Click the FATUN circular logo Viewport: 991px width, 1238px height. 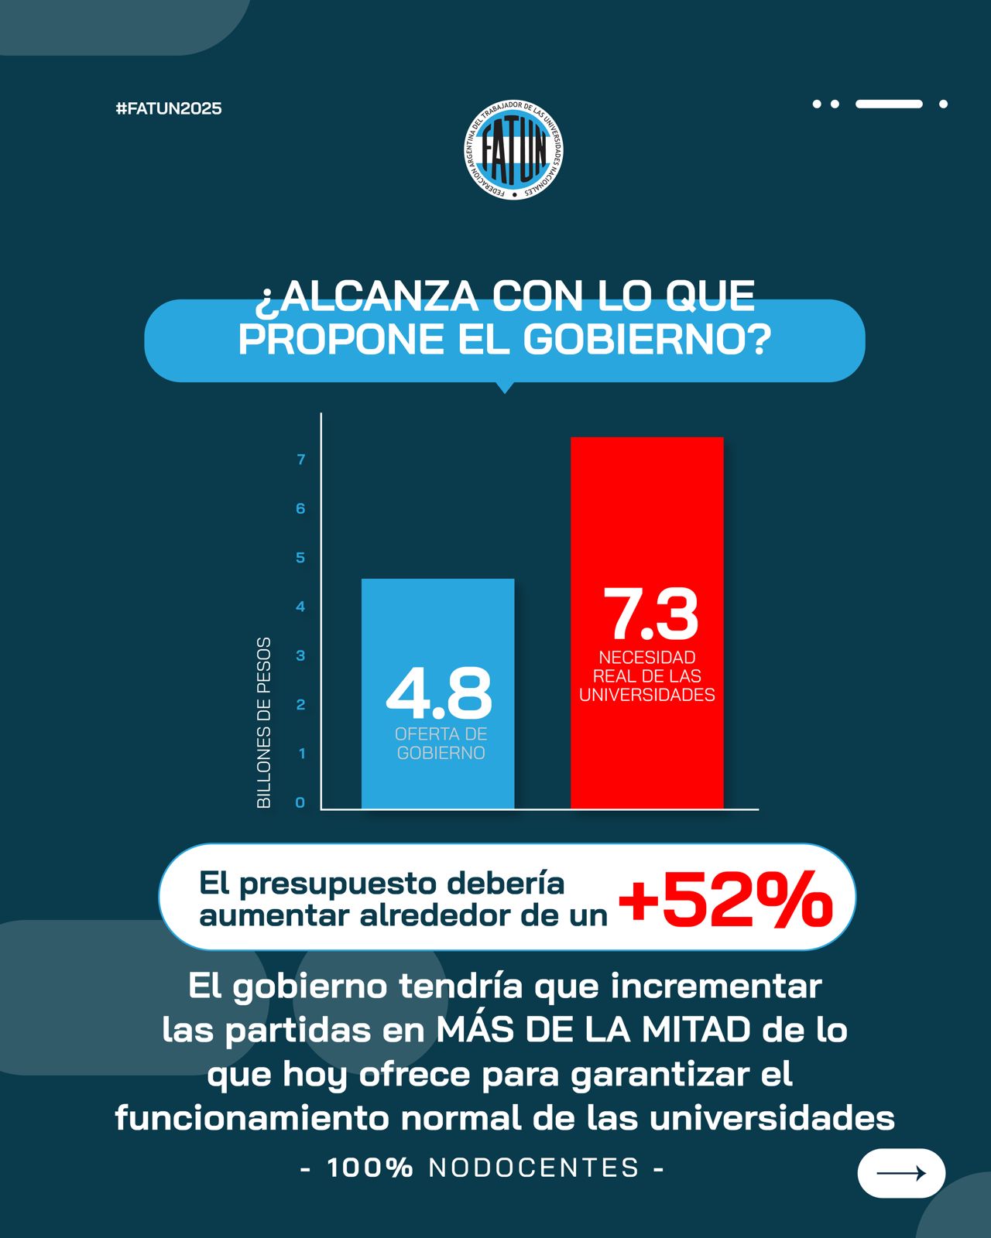click(x=513, y=149)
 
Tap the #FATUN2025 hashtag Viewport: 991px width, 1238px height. click(x=169, y=108)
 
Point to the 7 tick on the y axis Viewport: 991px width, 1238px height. click(x=301, y=460)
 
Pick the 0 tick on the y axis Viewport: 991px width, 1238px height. click(x=300, y=802)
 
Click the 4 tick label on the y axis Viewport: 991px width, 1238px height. click(x=300, y=607)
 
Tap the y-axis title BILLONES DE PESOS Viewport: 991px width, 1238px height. click(x=264, y=723)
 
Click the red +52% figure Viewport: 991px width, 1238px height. click(x=725, y=898)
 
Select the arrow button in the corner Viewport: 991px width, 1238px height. click(x=901, y=1173)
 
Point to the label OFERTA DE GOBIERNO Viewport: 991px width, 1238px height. click(x=441, y=744)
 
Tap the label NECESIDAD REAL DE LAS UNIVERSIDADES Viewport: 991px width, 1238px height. click(x=647, y=676)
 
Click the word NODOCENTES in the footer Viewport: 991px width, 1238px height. click(x=534, y=1168)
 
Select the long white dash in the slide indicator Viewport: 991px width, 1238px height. click(x=889, y=104)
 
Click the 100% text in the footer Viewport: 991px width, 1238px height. click(x=370, y=1168)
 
